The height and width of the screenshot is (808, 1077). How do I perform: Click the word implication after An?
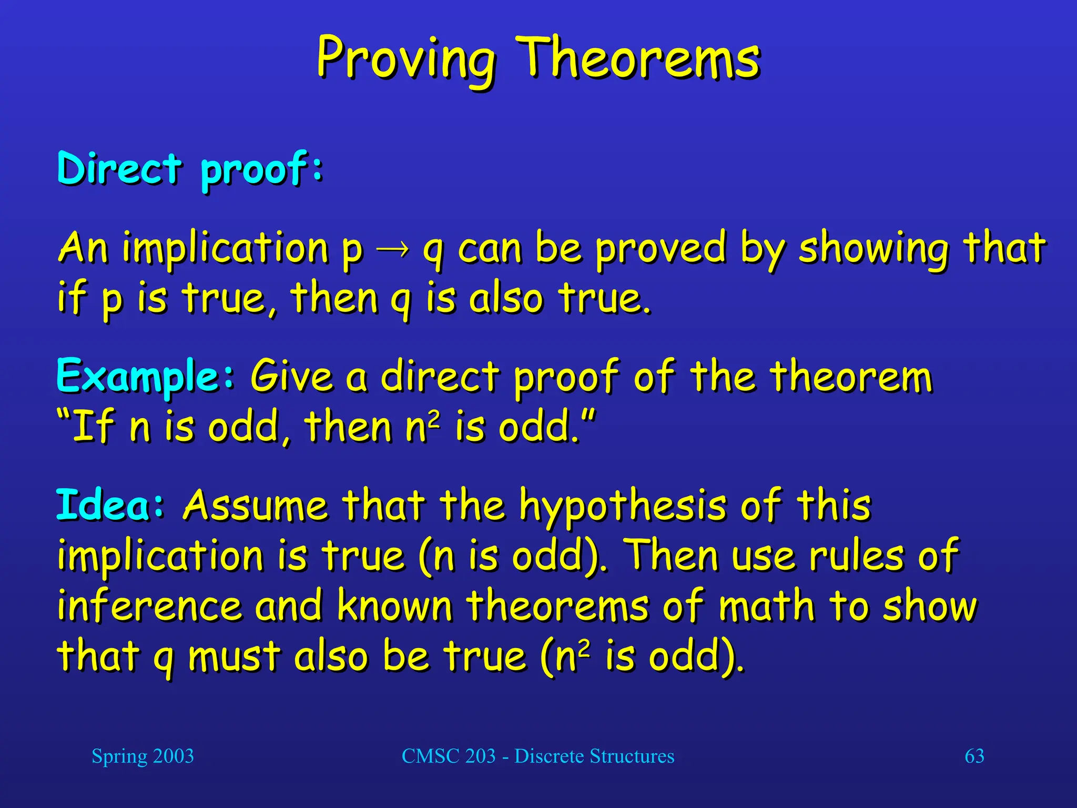(226, 248)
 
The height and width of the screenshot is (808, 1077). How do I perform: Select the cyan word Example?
(146, 376)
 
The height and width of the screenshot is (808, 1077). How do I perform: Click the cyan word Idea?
(110, 505)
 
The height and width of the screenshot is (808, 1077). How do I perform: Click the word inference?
(149, 606)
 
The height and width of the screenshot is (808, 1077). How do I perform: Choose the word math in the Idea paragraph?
(767, 606)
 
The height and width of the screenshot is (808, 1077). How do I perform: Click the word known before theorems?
(394, 606)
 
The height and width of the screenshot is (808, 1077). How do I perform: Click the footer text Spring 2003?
(143, 756)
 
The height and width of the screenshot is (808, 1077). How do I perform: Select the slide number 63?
(974, 756)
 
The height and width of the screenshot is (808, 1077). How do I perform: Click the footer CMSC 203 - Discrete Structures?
(538, 756)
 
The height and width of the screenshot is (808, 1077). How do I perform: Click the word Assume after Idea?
(256, 506)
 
